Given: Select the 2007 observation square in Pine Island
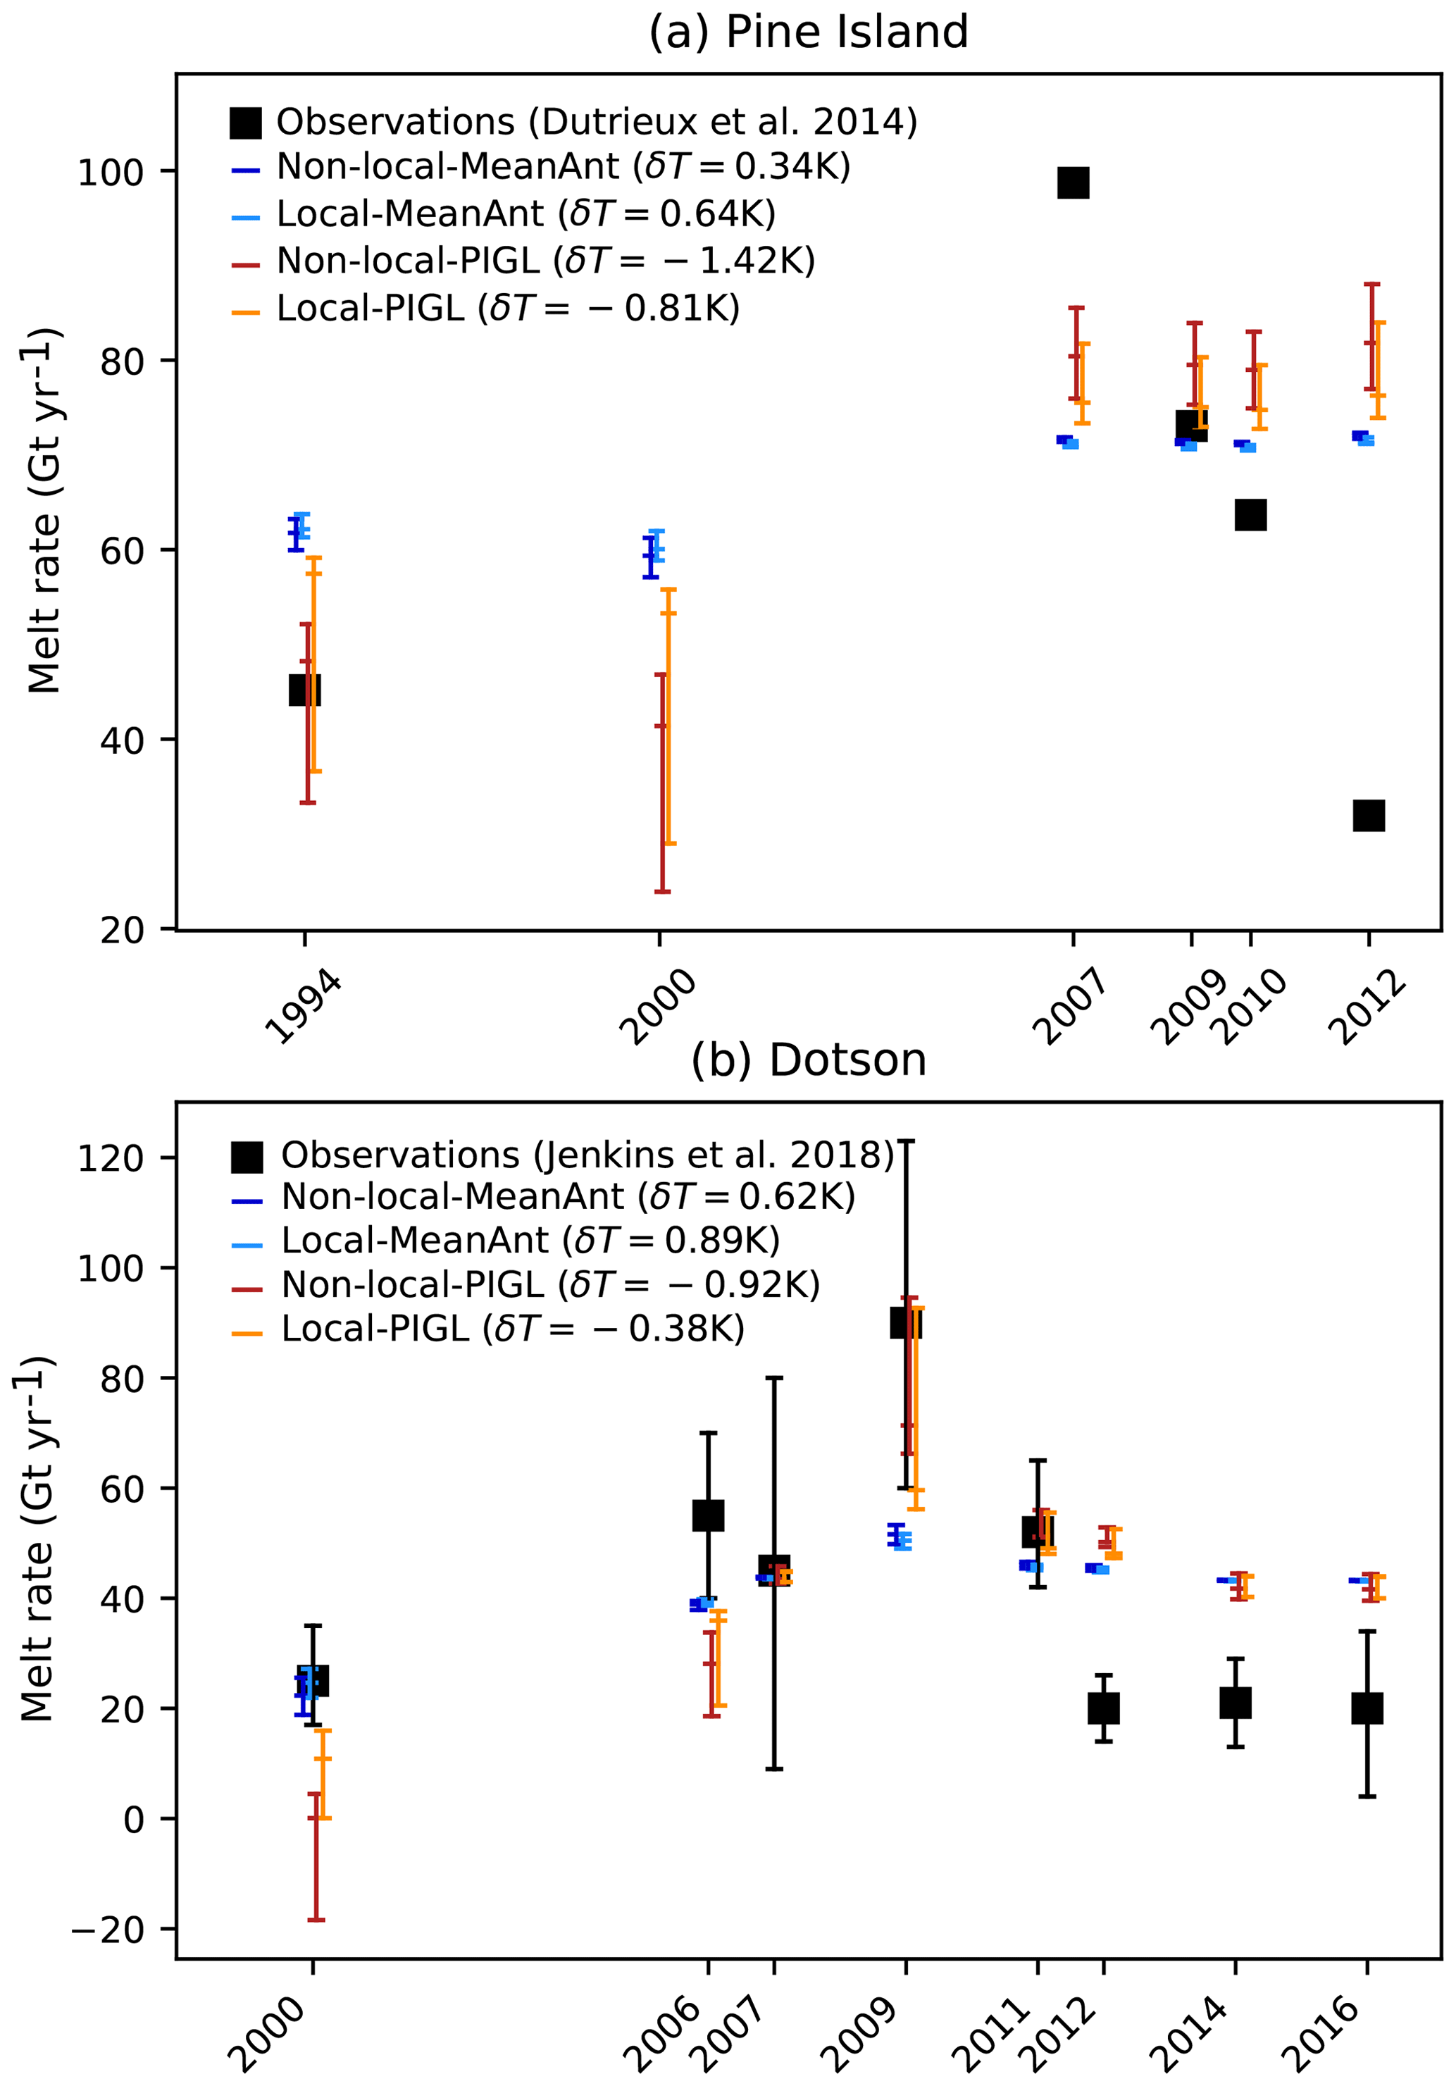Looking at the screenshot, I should tap(1073, 182).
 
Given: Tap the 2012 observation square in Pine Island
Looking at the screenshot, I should tap(1369, 815).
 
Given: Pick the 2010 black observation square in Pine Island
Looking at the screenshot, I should tap(1251, 515).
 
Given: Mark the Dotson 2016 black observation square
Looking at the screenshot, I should tap(1367, 1708).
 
